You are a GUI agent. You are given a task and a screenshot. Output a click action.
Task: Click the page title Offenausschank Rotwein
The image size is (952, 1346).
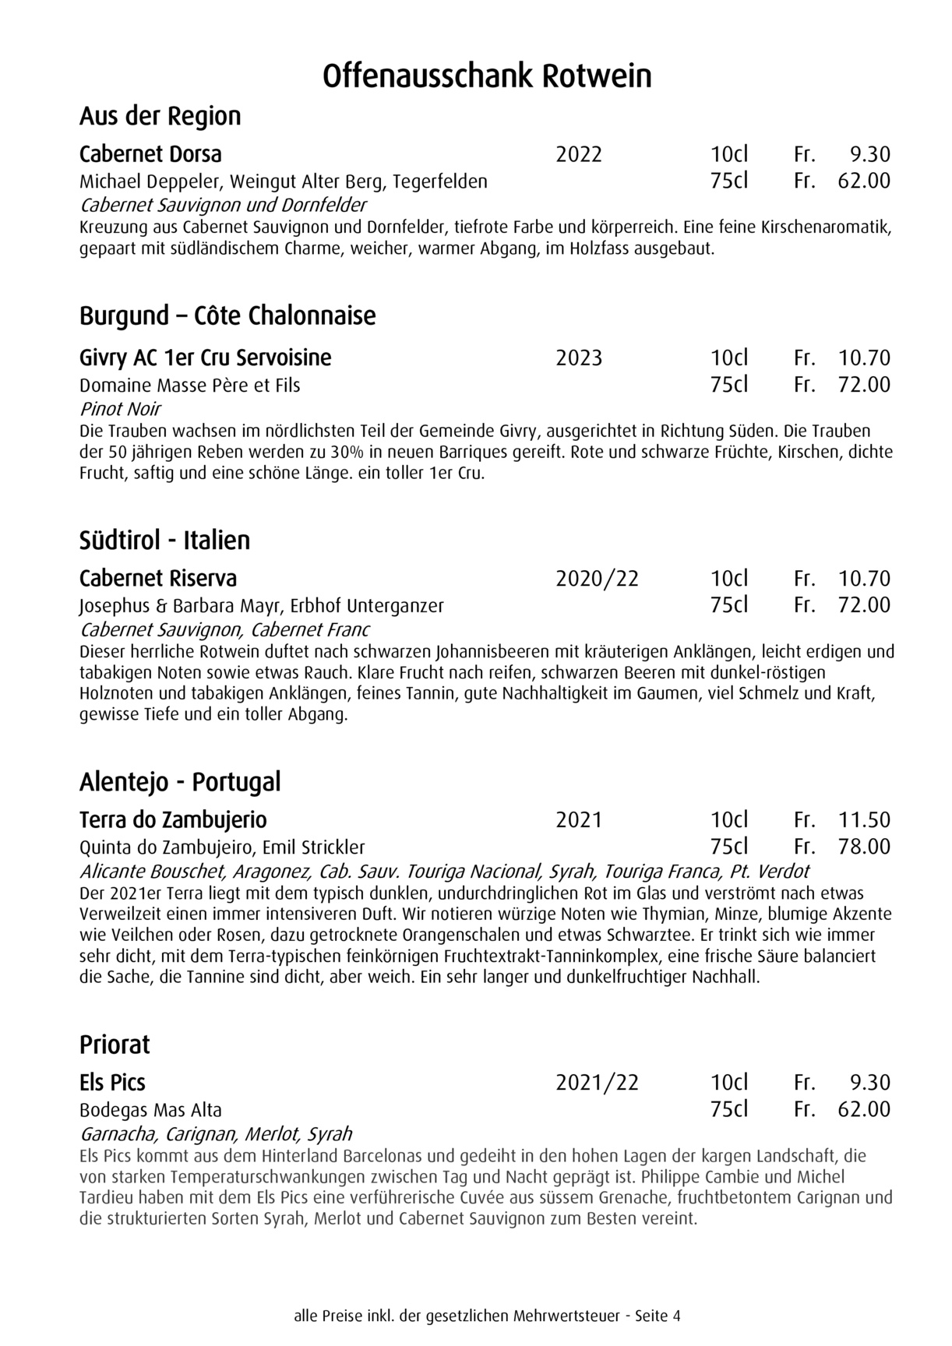[x=487, y=77]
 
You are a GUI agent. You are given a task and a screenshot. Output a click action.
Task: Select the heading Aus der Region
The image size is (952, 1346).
[x=160, y=117]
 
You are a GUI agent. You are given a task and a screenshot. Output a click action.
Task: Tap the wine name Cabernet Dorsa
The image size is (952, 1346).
[x=150, y=154]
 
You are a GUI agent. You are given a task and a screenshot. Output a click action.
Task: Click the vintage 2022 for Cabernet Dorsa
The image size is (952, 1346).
[x=579, y=154]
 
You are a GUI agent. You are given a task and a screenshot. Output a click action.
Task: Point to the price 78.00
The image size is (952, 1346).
[x=864, y=847]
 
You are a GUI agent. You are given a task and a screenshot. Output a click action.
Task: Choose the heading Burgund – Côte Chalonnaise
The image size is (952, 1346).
[x=227, y=316]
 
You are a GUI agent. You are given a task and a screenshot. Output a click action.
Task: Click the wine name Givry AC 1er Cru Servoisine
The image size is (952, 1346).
[x=205, y=358]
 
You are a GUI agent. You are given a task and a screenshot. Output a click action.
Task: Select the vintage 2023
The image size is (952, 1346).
[x=579, y=358]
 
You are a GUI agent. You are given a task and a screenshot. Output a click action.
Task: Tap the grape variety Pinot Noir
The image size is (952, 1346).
[x=120, y=409]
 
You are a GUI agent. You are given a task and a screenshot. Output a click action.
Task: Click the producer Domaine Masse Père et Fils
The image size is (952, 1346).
[x=189, y=386]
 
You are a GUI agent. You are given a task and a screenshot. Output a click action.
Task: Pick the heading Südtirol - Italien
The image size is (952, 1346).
[x=164, y=541]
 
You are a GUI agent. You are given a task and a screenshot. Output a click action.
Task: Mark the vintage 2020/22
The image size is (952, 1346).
[x=597, y=579]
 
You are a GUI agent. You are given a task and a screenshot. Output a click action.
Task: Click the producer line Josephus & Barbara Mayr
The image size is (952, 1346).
[x=261, y=605]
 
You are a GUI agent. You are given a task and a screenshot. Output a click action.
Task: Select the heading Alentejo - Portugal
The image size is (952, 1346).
[x=180, y=782]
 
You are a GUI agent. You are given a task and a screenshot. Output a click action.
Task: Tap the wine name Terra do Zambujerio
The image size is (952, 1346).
[x=173, y=820]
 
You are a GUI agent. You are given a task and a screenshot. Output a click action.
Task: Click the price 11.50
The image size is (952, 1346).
[x=864, y=820]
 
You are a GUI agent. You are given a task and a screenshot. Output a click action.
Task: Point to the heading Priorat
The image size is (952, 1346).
[x=115, y=1045]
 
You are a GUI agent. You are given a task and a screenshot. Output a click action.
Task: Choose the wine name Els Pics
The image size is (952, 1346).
[x=112, y=1083]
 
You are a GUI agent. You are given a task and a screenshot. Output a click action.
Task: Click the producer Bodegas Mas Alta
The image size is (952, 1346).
[x=150, y=1110]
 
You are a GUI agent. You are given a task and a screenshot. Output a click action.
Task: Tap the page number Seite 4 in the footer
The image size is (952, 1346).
[x=658, y=1316]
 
